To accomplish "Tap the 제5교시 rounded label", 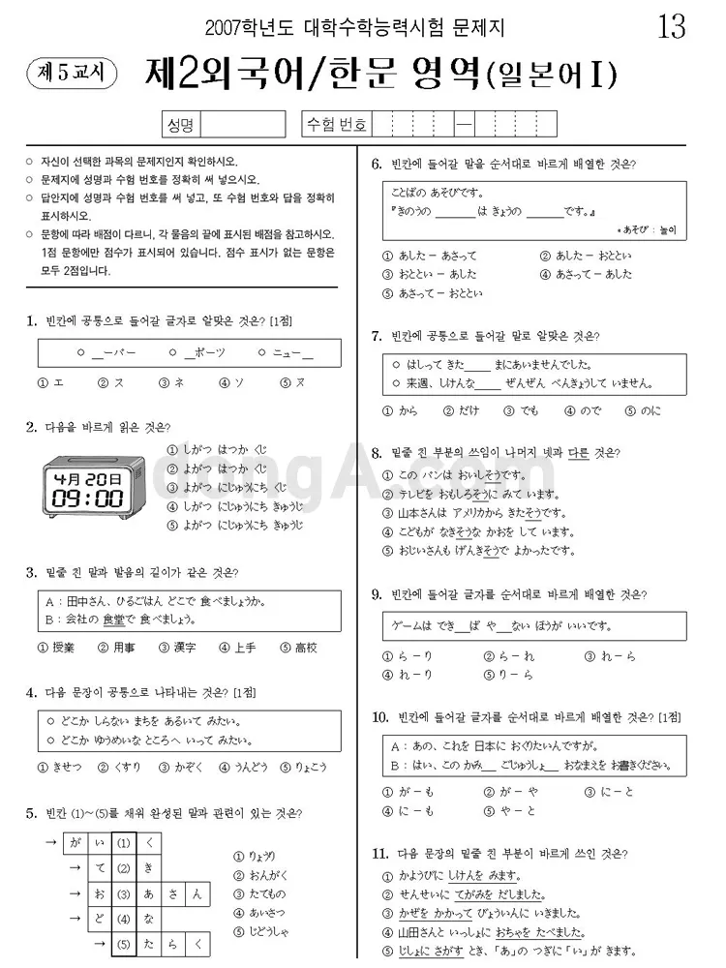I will tap(66, 71).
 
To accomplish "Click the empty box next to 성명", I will tap(242, 124).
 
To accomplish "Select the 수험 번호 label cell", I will tap(336, 124).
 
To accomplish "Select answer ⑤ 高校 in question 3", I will tap(298, 648).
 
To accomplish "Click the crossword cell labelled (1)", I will tap(124, 843).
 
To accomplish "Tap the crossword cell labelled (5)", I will tap(124, 944).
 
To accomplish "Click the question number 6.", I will tap(377, 164).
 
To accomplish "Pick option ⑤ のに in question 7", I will tap(644, 410).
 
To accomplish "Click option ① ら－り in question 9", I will tap(408, 656).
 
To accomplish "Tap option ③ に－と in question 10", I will tap(610, 792).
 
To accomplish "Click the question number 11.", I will tap(380, 854).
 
